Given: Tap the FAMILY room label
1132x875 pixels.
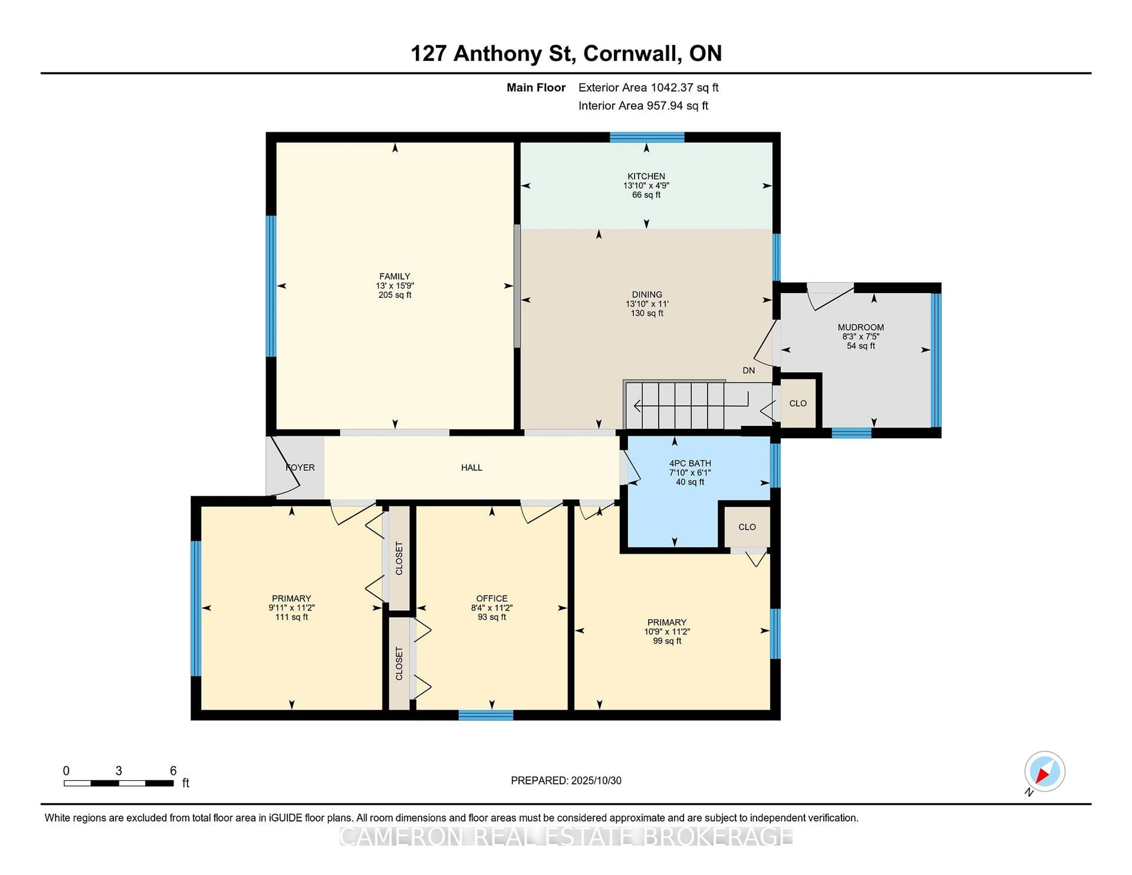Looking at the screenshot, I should point(394,276).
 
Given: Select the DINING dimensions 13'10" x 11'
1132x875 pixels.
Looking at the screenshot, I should point(647,304).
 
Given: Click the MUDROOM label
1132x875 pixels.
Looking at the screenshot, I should point(860,327).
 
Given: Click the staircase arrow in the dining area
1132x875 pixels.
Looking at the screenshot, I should point(689,405).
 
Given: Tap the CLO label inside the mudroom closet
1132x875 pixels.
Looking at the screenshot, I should point(798,403).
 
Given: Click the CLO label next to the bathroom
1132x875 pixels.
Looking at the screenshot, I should point(747,527).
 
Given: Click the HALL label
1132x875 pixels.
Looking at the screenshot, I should point(471,468).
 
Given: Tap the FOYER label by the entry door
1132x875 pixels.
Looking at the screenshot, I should point(300,468).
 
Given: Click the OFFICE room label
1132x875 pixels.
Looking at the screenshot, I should point(491,598).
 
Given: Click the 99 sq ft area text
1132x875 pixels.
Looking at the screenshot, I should point(667,641).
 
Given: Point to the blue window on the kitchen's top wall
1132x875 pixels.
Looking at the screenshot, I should point(647,137).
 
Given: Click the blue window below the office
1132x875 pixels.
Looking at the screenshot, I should point(486,715).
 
